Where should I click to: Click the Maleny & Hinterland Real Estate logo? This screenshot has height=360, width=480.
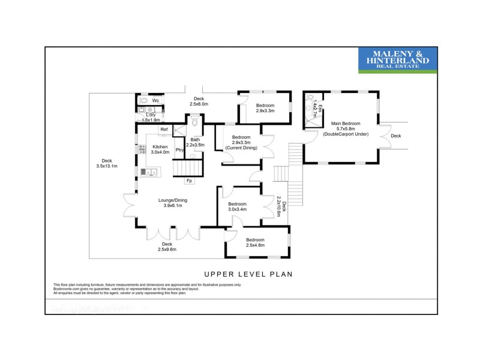click(x=398, y=61)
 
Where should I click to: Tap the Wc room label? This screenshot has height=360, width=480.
click(x=155, y=101)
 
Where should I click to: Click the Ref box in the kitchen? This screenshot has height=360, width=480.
click(x=163, y=130)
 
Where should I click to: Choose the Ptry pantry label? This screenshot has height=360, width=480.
click(x=179, y=150)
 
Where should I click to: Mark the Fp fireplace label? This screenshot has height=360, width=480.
click(x=189, y=181)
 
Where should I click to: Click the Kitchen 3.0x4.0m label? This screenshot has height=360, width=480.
click(x=160, y=149)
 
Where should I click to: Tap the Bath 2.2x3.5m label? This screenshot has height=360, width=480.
click(x=195, y=143)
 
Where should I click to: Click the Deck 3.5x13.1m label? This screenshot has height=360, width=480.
click(x=107, y=163)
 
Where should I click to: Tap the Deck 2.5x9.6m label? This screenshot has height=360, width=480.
click(x=167, y=247)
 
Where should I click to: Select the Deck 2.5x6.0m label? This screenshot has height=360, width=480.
click(x=199, y=101)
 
